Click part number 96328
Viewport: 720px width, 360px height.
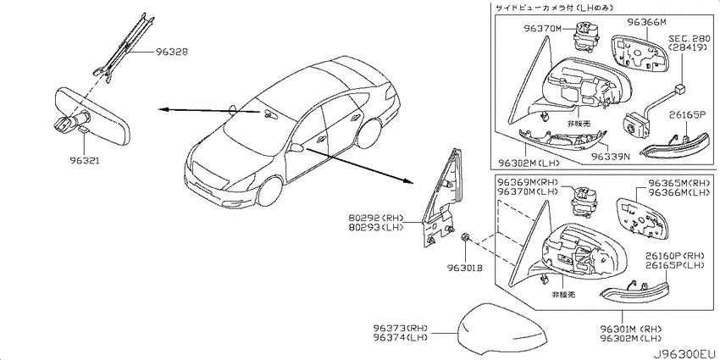pyautogui.click(x=171, y=53)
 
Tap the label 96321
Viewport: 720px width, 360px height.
pyautogui.click(x=85, y=161)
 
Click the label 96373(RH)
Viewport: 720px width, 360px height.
pyautogui.click(x=402, y=329)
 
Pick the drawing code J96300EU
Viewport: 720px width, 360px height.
pyautogui.click(x=684, y=354)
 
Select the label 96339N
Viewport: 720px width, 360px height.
pyautogui.click(x=610, y=157)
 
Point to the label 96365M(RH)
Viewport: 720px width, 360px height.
pyautogui.click(x=678, y=183)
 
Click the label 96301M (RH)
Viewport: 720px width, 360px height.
pyautogui.click(x=630, y=329)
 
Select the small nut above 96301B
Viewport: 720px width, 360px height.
pyautogui.click(x=464, y=238)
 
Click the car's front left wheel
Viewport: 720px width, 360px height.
pyautogui.click(x=269, y=191)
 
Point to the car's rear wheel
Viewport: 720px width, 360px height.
pyautogui.click(x=369, y=134)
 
